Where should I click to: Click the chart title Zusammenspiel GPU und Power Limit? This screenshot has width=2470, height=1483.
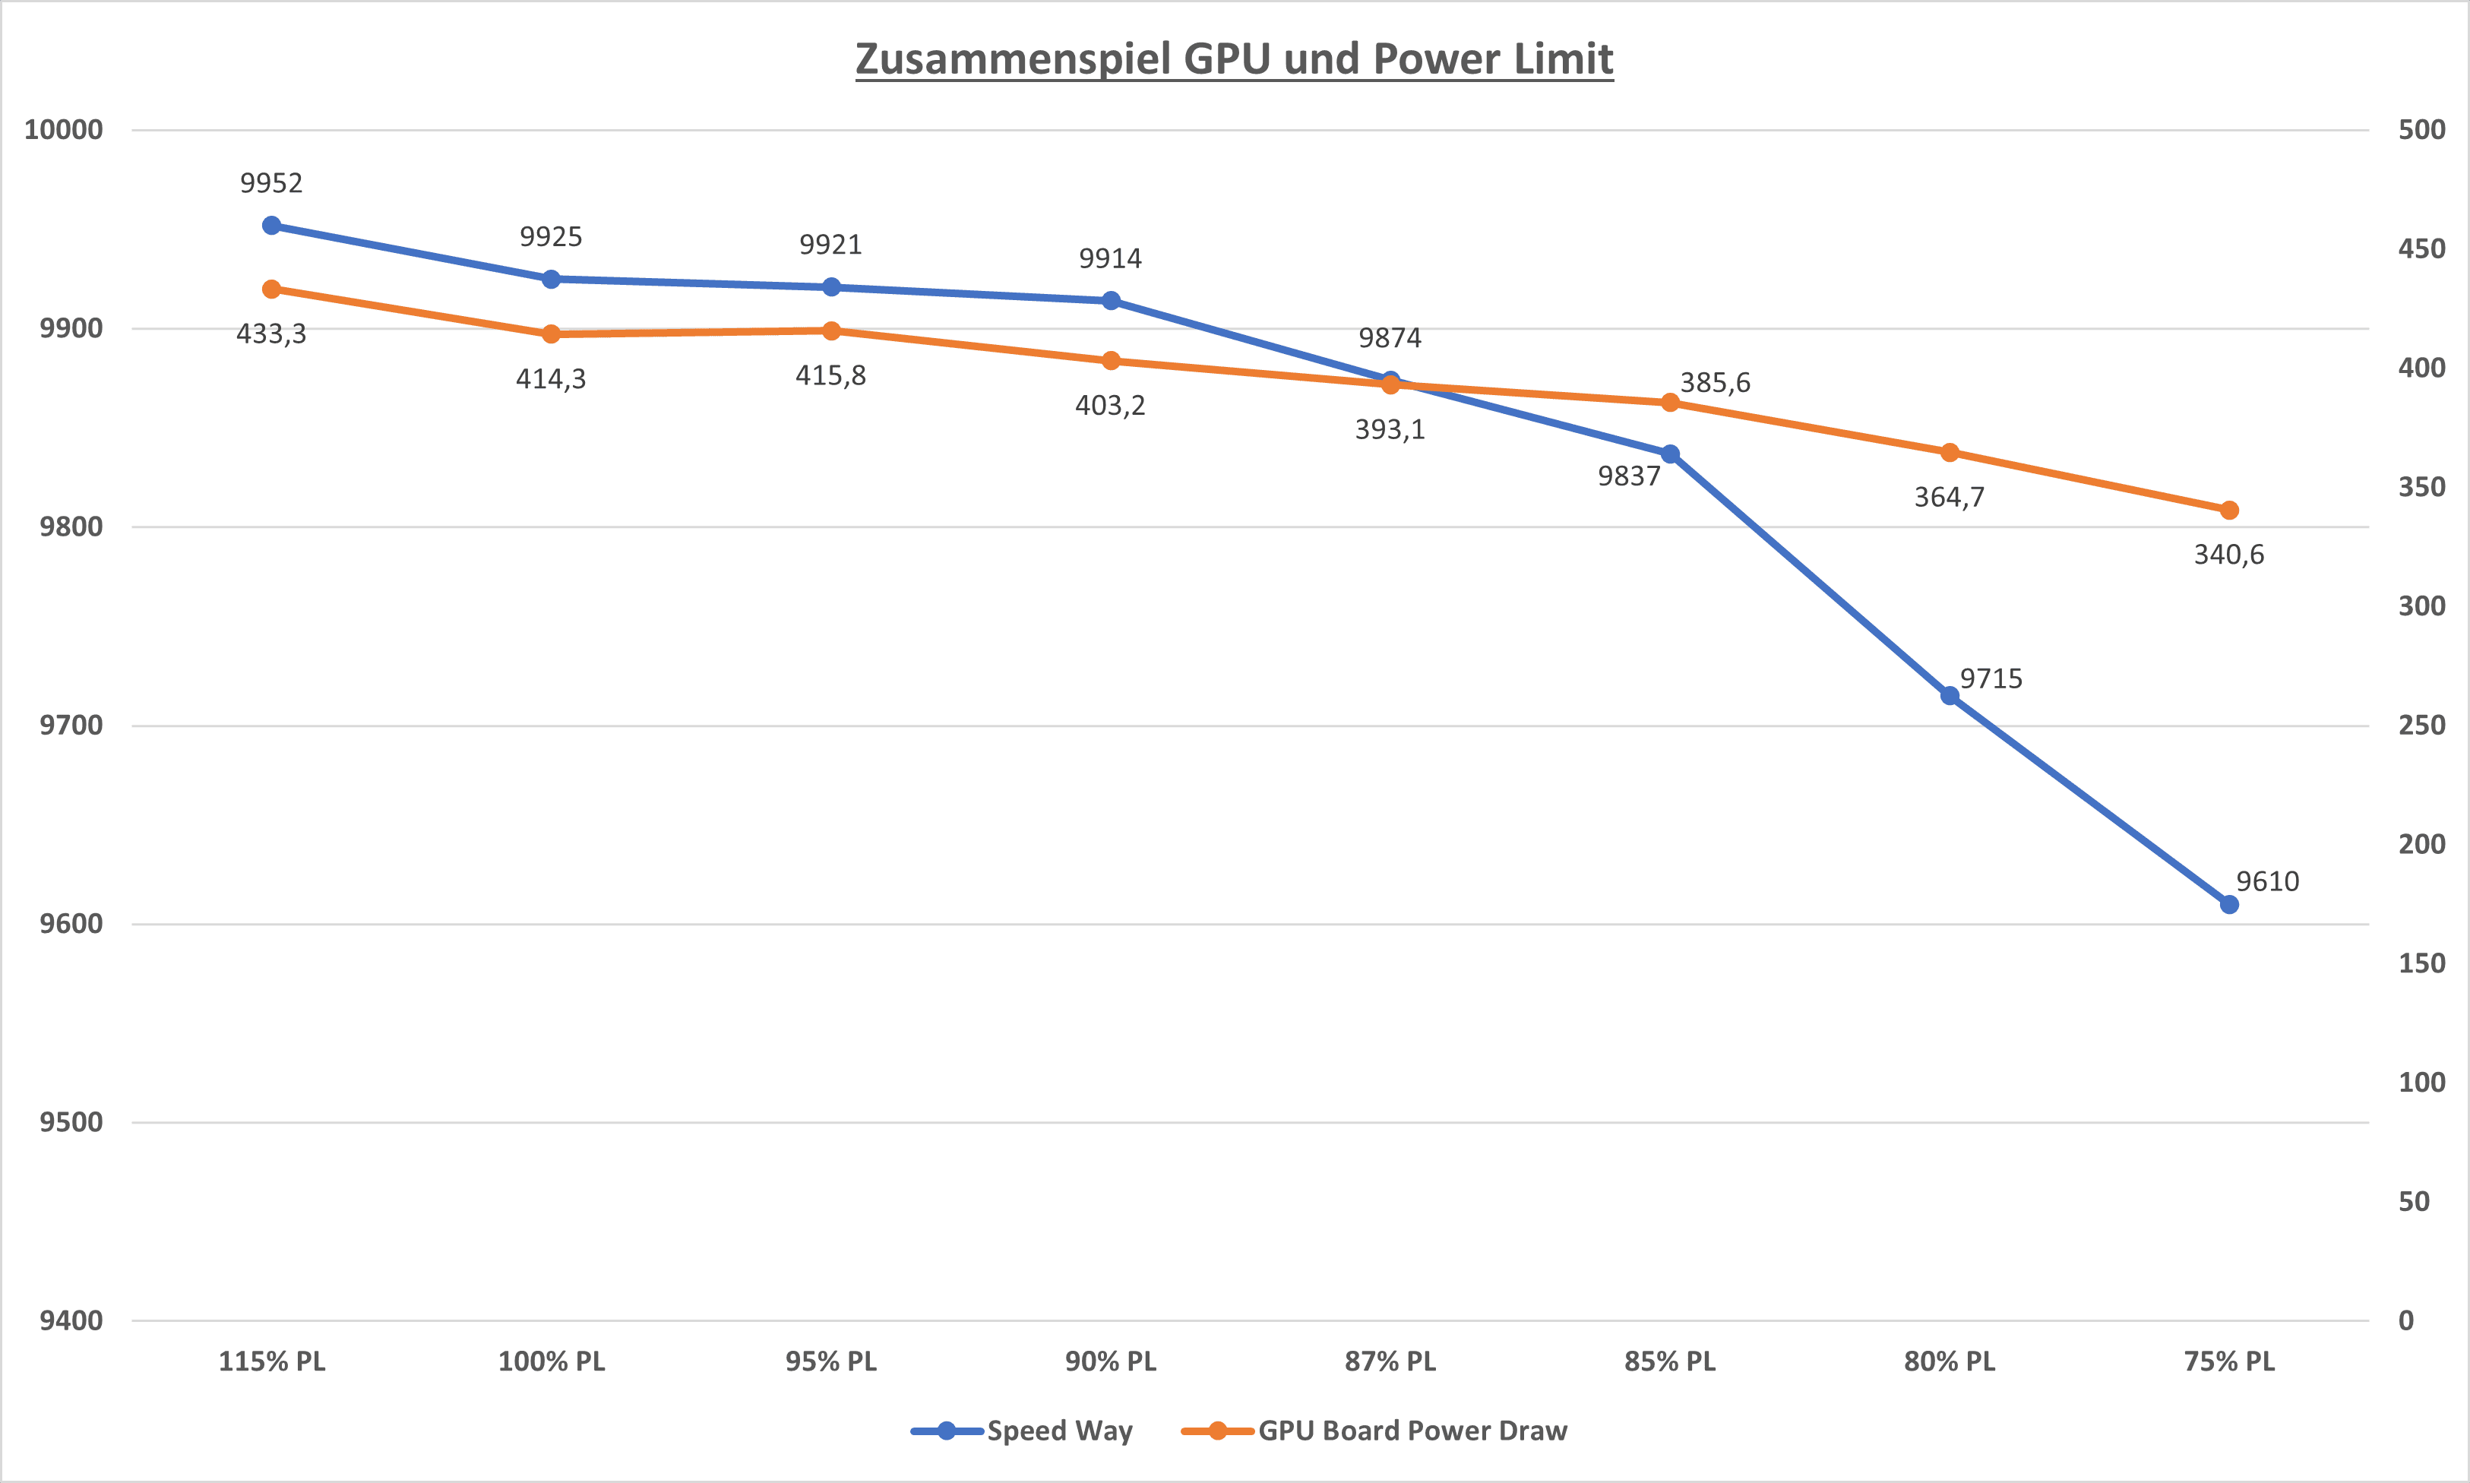1234,59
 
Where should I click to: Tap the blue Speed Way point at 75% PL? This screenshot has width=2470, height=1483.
2229,904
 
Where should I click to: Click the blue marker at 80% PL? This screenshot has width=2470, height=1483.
1950,695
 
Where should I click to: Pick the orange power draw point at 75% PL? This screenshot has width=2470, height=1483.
2229,511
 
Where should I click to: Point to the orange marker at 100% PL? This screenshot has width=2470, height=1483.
552,334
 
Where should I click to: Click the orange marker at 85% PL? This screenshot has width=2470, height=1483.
1670,403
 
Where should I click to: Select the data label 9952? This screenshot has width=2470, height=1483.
270,183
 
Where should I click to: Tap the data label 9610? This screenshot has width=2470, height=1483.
2267,881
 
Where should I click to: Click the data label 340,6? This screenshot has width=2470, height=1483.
2228,555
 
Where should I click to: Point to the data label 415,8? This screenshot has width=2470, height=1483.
830,376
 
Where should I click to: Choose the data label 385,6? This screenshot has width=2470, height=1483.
1715,383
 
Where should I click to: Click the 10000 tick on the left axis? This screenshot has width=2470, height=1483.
64,130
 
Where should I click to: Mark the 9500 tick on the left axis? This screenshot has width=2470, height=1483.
71,1122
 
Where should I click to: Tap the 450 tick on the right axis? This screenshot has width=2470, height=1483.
2421,249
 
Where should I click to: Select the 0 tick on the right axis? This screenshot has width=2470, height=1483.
2406,1320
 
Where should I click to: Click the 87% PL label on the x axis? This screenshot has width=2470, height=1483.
1390,1361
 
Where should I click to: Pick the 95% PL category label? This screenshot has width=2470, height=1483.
830,1361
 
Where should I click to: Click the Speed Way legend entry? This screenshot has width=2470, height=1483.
1059,1431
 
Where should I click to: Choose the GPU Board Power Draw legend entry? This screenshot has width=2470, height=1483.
1412,1431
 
